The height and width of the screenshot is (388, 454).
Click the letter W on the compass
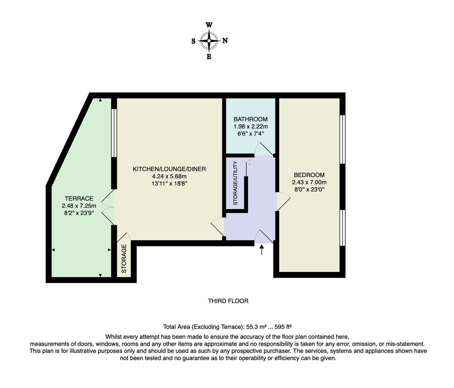209,25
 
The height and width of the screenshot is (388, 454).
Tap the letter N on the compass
225,41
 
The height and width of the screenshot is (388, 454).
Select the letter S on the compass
193,41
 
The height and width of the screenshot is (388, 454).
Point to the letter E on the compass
209,57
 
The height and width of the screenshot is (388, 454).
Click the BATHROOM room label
250,119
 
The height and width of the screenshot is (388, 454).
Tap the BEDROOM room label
309,175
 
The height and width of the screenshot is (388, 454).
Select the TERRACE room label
79,198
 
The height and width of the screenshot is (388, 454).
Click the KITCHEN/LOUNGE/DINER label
169,169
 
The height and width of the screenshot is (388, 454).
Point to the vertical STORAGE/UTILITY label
235,183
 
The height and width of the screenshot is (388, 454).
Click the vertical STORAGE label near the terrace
124,259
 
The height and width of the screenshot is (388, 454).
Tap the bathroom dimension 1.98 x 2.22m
250,126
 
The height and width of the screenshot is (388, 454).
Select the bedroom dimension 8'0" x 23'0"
309,189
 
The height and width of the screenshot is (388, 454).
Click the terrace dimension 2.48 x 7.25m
79,206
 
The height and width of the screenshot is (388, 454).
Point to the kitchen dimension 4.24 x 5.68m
169,176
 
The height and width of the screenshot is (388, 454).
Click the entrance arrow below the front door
261,250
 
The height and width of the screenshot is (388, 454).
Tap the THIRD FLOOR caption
228,301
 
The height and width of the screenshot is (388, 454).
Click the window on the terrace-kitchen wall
114,133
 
